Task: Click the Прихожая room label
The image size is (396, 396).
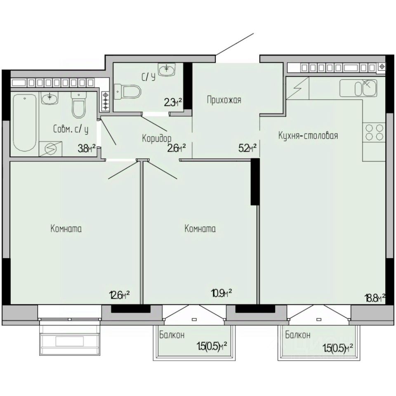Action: pyautogui.click(x=224, y=100)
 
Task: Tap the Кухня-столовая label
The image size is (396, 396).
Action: pyautogui.click(x=308, y=136)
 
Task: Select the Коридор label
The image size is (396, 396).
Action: pyautogui.click(x=157, y=139)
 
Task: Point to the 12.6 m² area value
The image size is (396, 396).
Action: pyautogui.click(x=120, y=295)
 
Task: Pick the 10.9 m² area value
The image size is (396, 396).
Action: pyautogui.click(x=222, y=293)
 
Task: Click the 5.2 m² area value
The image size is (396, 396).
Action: pyautogui.click(x=247, y=148)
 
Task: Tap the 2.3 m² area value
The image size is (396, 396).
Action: pyautogui.click(x=173, y=102)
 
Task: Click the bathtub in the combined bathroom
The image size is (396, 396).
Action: pyautogui.click(x=24, y=123)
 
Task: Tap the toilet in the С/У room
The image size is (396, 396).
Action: pyautogui.click(x=127, y=92)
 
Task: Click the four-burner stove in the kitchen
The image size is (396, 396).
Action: pyautogui.click(x=374, y=132)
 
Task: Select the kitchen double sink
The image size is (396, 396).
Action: pyautogui.click(x=358, y=88)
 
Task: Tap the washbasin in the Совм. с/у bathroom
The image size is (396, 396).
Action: pyautogui.click(x=50, y=98)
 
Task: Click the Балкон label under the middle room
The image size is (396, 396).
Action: pyautogui.click(x=172, y=335)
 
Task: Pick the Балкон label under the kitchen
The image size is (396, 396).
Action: pyautogui.click(x=298, y=335)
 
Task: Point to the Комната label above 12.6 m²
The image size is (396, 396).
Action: pyautogui.click(x=66, y=229)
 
